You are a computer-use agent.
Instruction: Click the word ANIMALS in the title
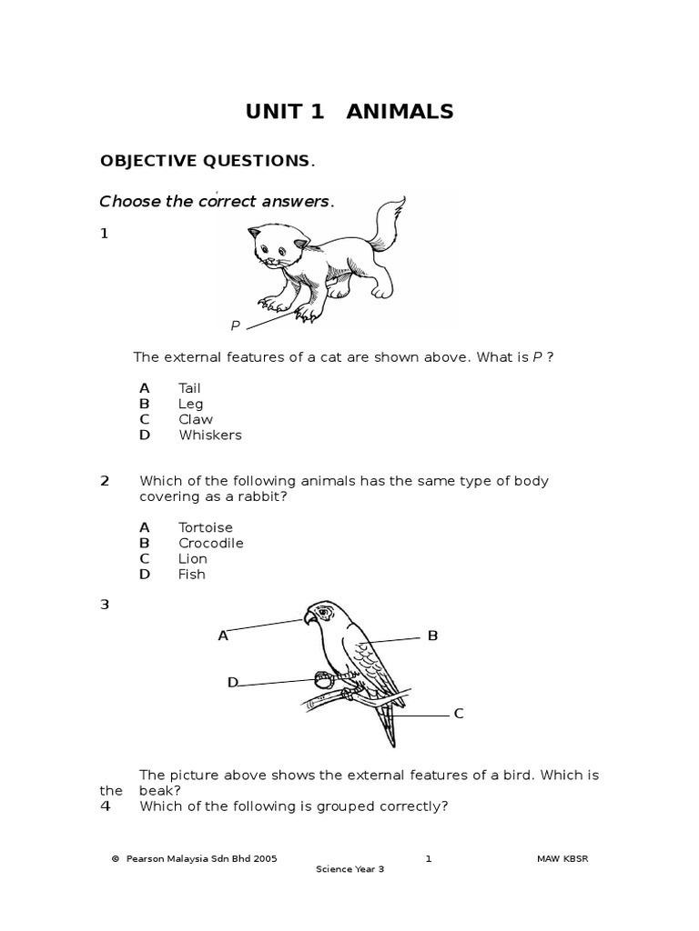click(400, 112)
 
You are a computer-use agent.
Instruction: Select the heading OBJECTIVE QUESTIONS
click(205, 161)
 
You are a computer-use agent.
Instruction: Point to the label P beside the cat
click(235, 325)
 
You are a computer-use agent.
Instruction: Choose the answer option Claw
click(196, 419)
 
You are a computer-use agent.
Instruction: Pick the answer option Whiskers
click(210, 435)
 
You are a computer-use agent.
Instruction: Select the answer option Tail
click(189, 388)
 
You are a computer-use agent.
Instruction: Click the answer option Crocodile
click(211, 543)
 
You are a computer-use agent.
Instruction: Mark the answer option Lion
click(193, 558)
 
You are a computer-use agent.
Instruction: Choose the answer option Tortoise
click(206, 527)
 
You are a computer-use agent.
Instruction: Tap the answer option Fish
click(192, 574)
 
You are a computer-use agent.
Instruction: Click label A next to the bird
click(223, 636)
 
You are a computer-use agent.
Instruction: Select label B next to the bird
click(433, 636)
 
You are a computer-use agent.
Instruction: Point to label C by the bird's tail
click(459, 714)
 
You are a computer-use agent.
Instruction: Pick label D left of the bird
click(233, 682)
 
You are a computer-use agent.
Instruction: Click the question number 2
click(105, 481)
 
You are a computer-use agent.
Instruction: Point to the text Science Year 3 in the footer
click(350, 869)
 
